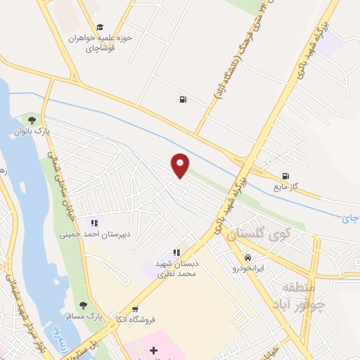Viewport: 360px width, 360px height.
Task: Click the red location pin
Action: click(x=181, y=165)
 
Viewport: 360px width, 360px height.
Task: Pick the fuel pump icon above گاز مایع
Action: click(x=285, y=176)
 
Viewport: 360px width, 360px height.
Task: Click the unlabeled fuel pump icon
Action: click(x=183, y=99)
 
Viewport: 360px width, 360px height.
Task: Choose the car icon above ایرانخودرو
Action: click(x=247, y=257)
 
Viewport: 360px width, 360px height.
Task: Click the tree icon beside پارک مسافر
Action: click(x=84, y=306)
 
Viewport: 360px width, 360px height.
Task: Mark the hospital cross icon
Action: click(x=154, y=349)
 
